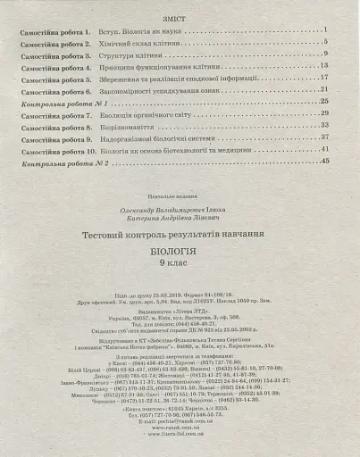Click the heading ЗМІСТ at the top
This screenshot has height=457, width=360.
(180, 16)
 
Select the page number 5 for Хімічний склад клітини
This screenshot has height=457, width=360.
(328, 42)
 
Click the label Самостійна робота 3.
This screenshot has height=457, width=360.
(55, 54)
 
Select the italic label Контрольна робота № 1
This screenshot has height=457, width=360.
(57, 102)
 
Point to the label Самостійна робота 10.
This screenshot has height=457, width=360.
(57, 149)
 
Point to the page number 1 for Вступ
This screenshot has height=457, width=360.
(328, 30)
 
